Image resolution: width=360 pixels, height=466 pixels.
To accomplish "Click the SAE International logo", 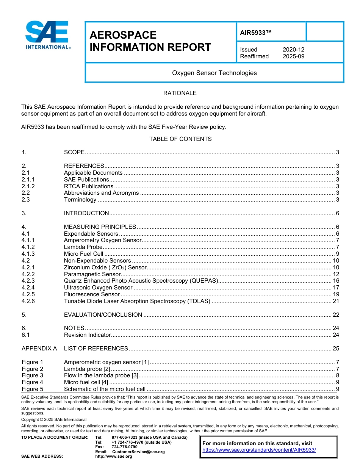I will pyautogui.click(x=47, y=35).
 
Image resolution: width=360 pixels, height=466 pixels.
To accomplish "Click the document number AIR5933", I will pyautogui.click(x=256, y=33).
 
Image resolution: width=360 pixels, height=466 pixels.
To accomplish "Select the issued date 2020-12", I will pyautogui.click(x=293, y=50).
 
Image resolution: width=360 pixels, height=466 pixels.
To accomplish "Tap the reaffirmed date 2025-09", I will pyautogui.click(x=293, y=56).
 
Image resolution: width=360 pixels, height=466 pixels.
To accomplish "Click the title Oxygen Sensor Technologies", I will pyautogui.click(x=214, y=73).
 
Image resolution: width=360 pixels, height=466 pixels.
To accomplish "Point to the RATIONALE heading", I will pyautogui.click(x=180, y=93).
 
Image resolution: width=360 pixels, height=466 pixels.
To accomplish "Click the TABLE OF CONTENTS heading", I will pyautogui.click(x=180, y=139).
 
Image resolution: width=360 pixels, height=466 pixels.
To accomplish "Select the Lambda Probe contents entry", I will pyautogui.click(x=83, y=247).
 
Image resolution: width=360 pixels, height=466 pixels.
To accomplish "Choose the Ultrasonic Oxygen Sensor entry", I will pyautogui.click(x=98, y=288).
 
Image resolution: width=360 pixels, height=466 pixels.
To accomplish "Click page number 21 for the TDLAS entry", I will pyautogui.click(x=335, y=301).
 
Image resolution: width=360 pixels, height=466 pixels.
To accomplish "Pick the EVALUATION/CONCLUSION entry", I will pyautogui.click(x=103, y=315).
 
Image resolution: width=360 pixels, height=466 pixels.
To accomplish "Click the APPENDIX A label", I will pyautogui.click(x=39, y=349).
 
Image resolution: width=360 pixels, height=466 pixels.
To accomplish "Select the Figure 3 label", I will pyautogui.click(x=33, y=376).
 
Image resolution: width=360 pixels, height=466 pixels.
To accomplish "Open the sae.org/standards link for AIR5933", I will pyautogui.click(x=259, y=450).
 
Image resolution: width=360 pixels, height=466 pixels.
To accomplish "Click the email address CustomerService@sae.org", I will pyautogui.click(x=138, y=452).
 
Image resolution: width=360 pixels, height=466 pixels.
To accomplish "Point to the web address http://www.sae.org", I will pyautogui.click(x=113, y=457).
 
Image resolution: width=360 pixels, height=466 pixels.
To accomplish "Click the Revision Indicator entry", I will pyautogui.click(x=87, y=335).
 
